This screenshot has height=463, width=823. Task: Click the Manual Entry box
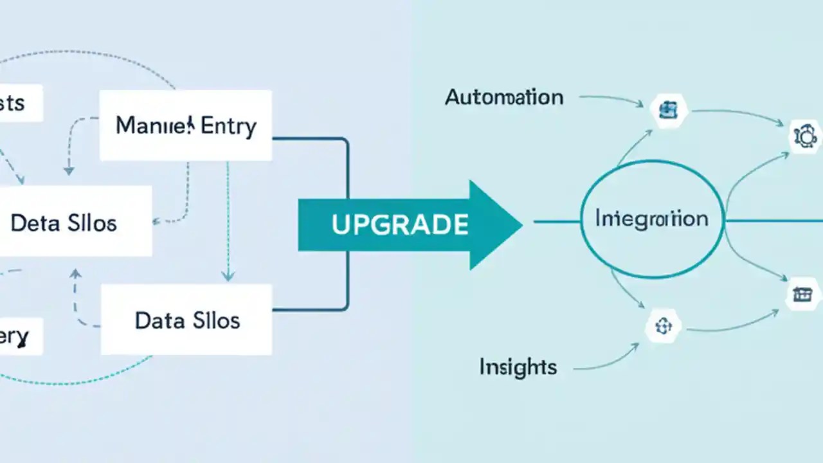coord(186,125)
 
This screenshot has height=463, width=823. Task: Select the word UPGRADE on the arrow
coord(399,224)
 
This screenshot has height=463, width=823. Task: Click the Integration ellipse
coord(652,219)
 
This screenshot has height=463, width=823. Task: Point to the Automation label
coord(504,98)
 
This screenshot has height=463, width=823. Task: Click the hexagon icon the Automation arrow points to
coord(668,109)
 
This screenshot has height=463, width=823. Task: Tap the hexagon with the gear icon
coord(804,136)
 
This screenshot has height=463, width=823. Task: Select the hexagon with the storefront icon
coord(802,295)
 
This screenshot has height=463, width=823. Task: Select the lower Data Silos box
coord(186,320)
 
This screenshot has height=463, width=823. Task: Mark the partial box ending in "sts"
coord(19,103)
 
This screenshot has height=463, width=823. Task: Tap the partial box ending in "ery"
coord(19,336)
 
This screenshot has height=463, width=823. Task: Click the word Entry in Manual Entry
coord(228,126)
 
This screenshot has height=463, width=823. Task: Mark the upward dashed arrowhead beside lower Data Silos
coord(76,275)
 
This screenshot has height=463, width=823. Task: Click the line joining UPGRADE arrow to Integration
coord(556,222)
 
